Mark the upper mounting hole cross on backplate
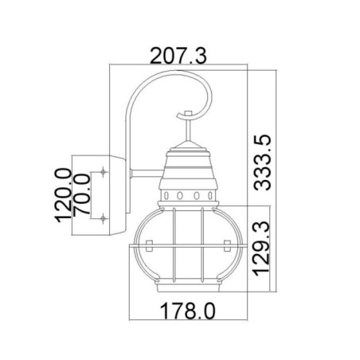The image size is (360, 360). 104,173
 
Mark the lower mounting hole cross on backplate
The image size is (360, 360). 104,217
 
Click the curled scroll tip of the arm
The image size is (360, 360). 205,103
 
